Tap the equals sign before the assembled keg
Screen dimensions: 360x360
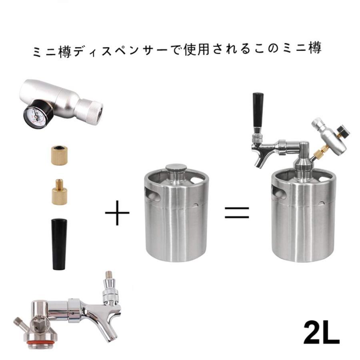point(237,212)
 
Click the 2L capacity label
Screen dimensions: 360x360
point(321,332)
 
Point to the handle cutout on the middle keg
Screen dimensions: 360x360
point(153,195)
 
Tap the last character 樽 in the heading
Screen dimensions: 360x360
point(315,49)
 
